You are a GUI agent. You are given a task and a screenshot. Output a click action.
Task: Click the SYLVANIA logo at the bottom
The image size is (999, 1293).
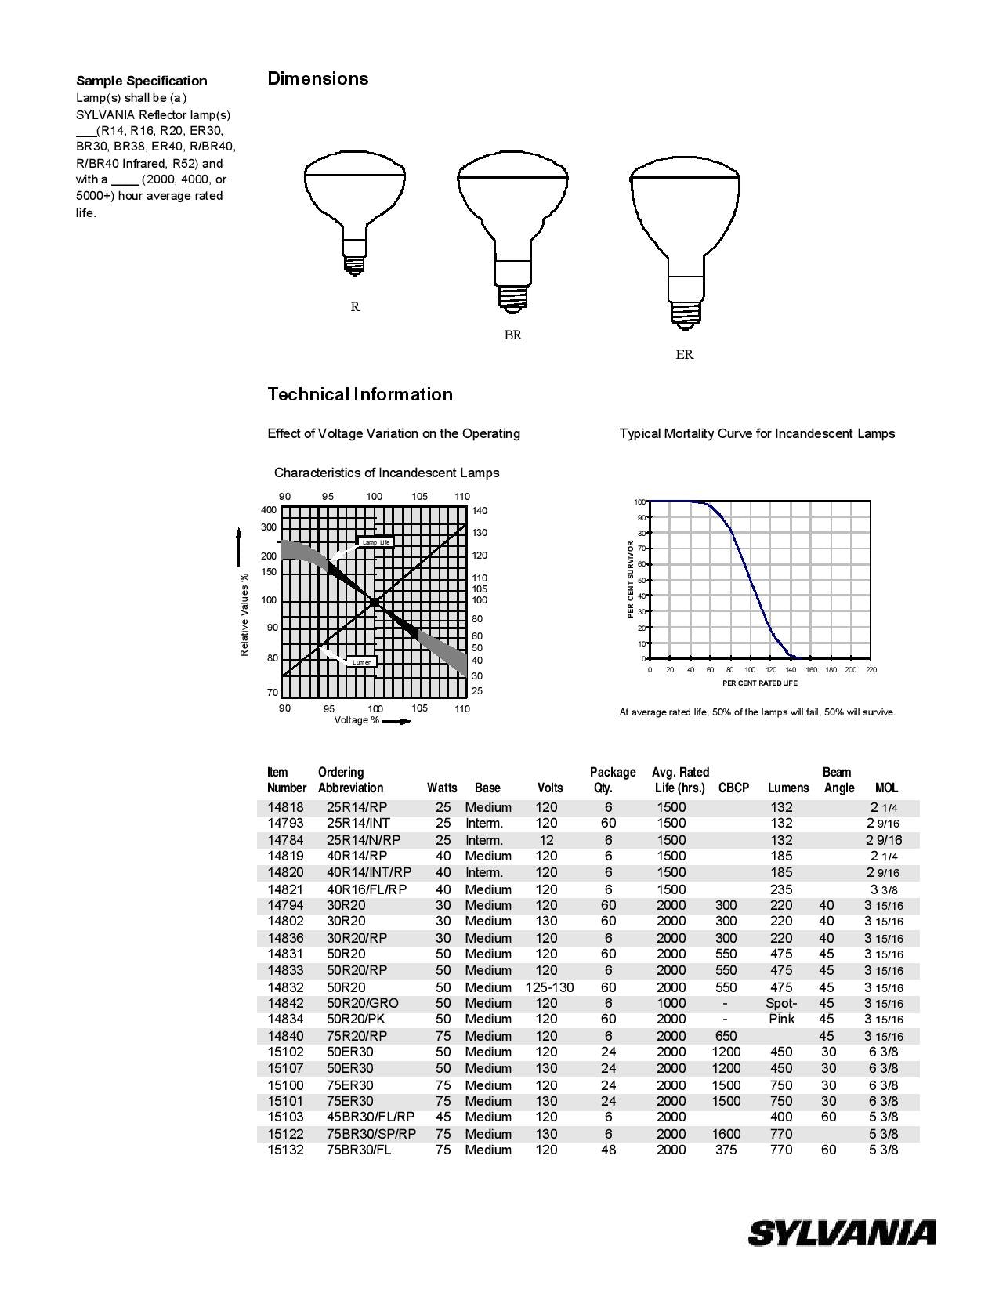[842, 1233]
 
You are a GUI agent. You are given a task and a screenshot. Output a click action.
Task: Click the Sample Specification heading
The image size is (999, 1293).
[142, 81]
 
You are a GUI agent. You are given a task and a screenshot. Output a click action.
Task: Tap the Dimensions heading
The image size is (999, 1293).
[318, 78]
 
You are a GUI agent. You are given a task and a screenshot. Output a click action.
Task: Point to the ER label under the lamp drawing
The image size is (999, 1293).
[684, 355]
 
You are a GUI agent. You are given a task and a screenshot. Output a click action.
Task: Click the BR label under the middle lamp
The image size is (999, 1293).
[512, 335]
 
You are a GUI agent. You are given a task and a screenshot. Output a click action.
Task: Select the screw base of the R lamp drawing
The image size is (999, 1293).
[355, 263]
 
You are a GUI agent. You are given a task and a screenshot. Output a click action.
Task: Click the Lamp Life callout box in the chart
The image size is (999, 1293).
[375, 542]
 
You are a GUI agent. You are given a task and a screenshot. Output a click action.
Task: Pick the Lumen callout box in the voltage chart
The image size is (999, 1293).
[362, 662]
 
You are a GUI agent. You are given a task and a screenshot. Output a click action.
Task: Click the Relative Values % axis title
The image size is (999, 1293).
[244, 615]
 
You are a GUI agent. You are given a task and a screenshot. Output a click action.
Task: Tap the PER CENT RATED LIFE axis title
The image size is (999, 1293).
[759, 683]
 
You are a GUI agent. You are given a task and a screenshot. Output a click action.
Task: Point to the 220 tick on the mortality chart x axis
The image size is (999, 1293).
[871, 670]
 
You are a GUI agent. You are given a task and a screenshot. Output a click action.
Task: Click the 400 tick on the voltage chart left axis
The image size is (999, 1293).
[269, 510]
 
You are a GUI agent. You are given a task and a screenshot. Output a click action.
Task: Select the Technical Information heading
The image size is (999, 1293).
[360, 394]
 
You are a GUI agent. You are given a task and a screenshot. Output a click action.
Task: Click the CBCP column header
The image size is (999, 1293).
[733, 788]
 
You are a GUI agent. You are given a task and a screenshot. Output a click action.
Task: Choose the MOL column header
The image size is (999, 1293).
[886, 788]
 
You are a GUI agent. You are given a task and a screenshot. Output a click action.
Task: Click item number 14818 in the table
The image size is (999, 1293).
[285, 807]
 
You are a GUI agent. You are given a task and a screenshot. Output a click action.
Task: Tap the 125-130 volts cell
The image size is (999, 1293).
[549, 987]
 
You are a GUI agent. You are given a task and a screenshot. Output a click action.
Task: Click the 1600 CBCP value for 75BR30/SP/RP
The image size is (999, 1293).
[726, 1134]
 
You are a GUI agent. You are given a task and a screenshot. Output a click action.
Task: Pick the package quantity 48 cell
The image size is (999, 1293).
[608, 1150]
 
